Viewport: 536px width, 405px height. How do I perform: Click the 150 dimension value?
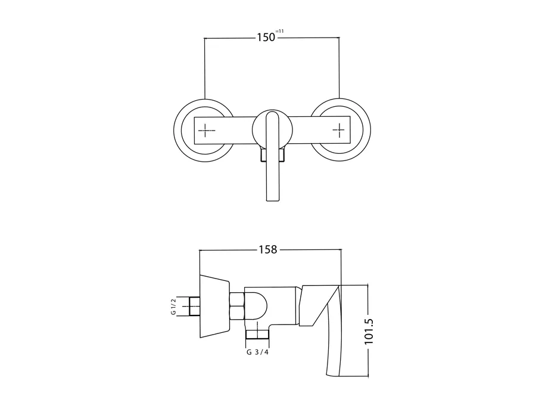(266, 37)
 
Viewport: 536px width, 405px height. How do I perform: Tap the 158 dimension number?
(267, 250)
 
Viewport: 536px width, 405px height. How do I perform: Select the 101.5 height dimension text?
(369, 331)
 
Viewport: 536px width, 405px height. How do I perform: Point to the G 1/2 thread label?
(173, 307)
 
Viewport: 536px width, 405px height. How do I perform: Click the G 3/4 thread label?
(257, 352)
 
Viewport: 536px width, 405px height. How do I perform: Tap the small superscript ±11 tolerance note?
(280, 31)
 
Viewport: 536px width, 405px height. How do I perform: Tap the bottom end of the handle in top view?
(273, 200)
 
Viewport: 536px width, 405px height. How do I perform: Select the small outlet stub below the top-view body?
(272, 155)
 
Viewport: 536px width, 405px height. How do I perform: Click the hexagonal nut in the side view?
(236, 306)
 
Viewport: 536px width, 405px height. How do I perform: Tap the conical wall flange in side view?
(214, 307)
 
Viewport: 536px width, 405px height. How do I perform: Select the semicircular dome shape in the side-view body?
(256, 307)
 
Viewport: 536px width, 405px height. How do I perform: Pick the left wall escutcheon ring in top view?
(204, 131)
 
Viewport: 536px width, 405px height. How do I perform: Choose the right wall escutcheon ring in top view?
(341, 131)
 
